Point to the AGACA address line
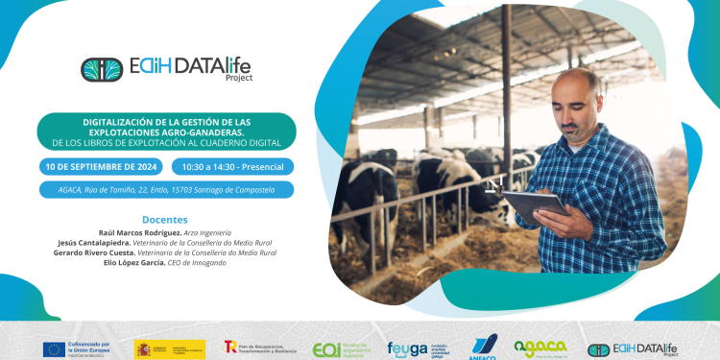coord(166,189)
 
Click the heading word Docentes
coord(165,219)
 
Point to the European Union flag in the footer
coord(54,348)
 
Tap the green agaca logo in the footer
coord(540,348)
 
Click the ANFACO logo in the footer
coord(483,348)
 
